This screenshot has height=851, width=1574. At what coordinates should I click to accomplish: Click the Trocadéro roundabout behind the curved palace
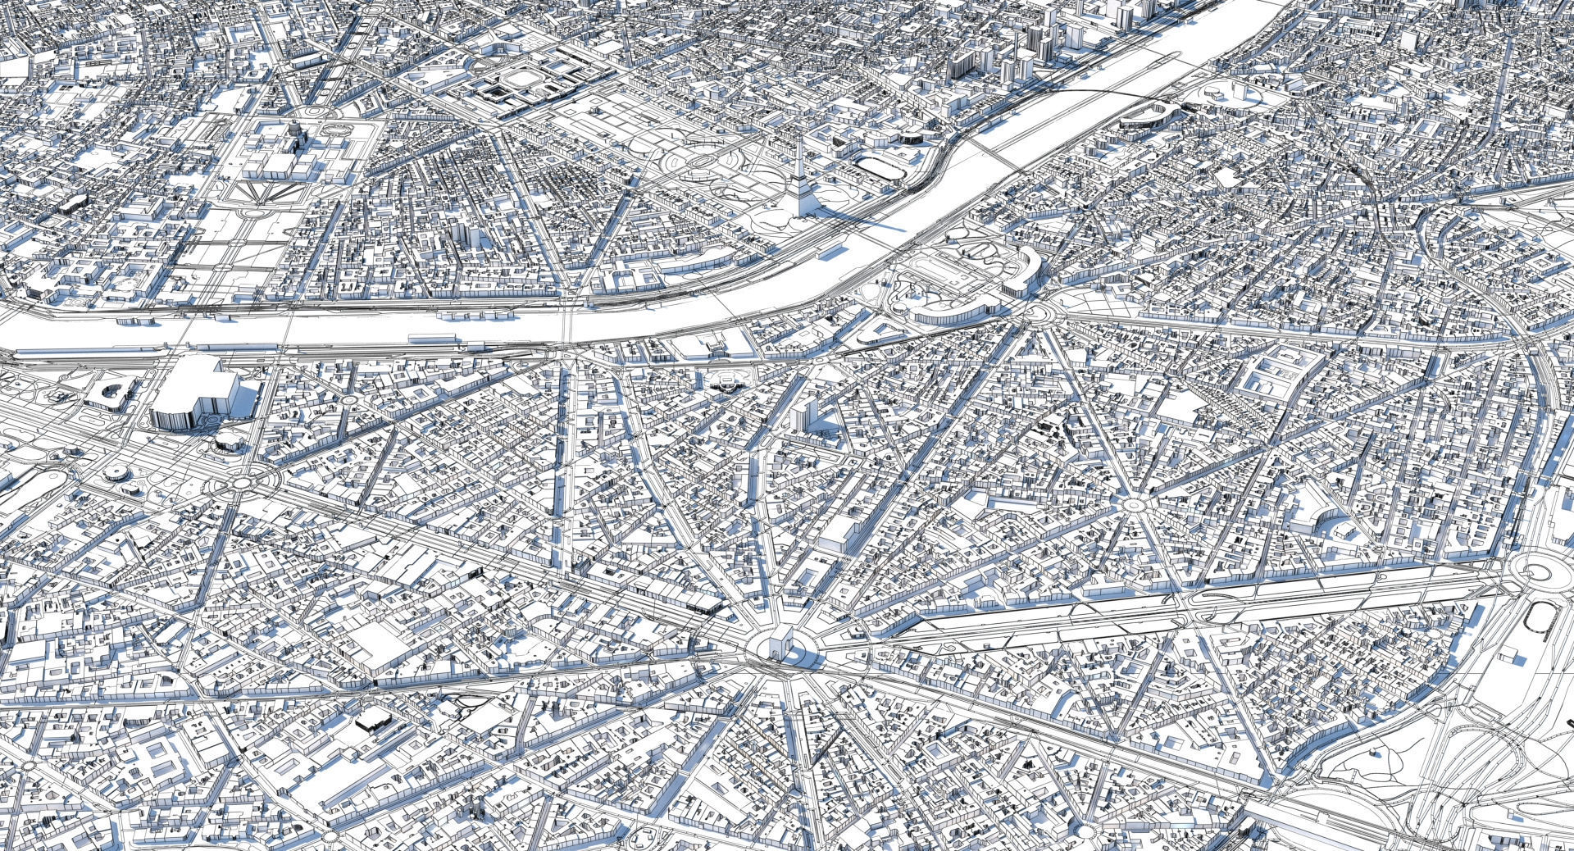coord(1042,312)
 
